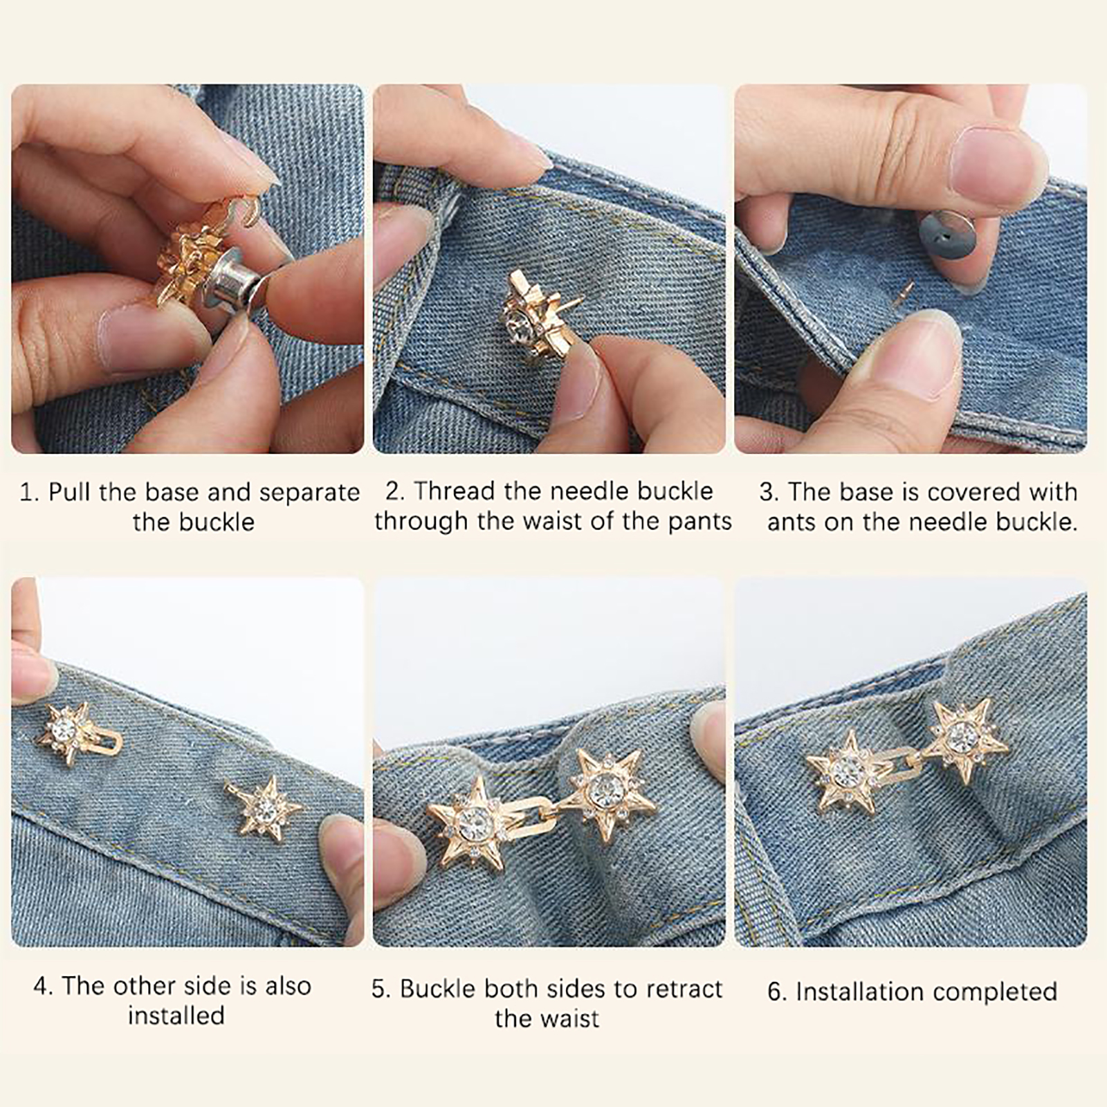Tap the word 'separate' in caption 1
tap(309, 493)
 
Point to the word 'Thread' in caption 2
tap(456, 491)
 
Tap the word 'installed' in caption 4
tap(176, 1016)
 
